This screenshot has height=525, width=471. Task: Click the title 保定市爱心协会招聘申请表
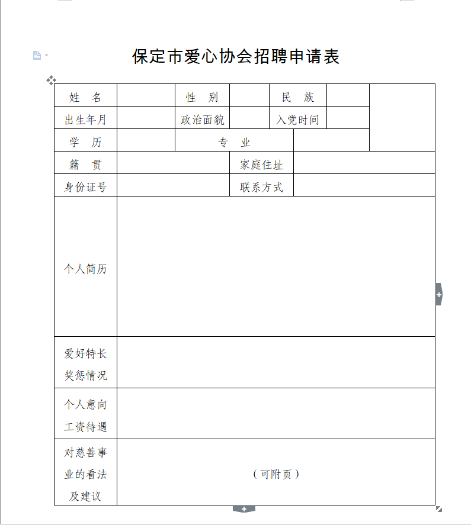point(236,57)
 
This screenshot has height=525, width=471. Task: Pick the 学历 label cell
point(85,143)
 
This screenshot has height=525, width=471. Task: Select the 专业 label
point(235,143)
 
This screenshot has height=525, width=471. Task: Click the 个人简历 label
point(85,269)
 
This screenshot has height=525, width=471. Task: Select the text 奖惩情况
point(85,376)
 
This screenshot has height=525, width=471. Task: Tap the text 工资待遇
point(85,427)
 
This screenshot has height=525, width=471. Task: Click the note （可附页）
point(276,474)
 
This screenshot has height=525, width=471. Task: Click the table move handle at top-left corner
point(51,80)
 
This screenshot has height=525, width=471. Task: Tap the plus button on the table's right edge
point(439,294)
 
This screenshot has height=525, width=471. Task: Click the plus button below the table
point(243,509)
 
